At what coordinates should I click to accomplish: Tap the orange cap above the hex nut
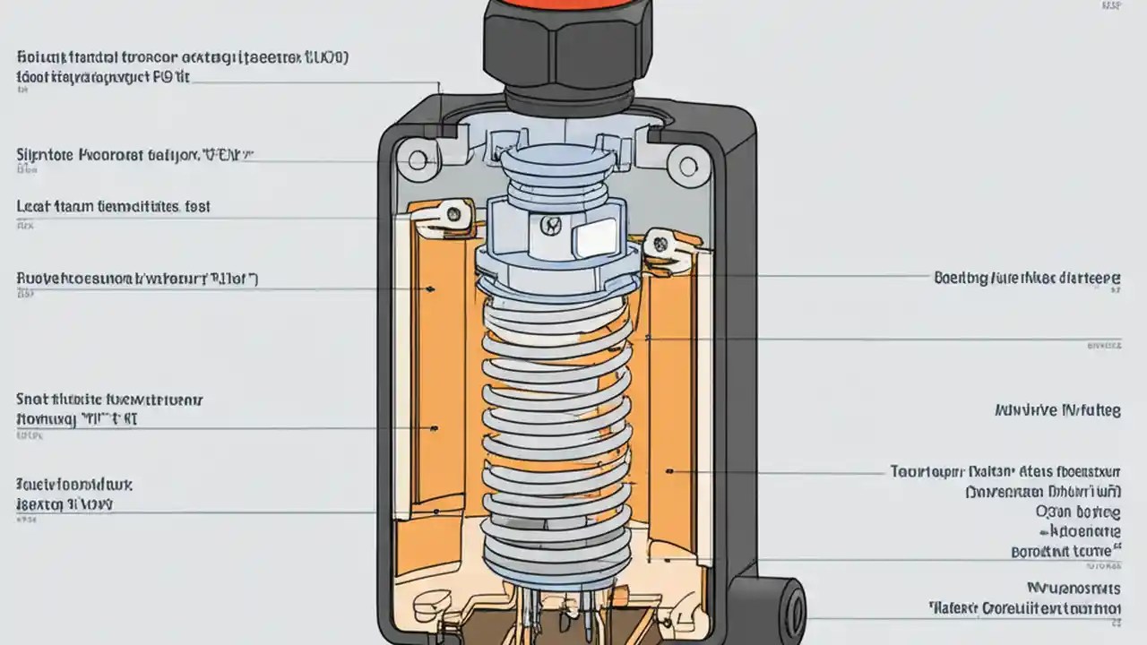560,7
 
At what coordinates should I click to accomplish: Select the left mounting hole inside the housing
418,162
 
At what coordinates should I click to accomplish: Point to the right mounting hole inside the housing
687,166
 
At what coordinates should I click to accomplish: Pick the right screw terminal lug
660,241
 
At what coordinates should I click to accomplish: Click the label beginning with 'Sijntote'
134,155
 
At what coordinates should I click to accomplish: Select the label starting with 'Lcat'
113,207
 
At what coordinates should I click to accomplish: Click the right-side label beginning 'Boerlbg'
1027,278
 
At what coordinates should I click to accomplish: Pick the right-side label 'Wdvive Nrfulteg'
1057,411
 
